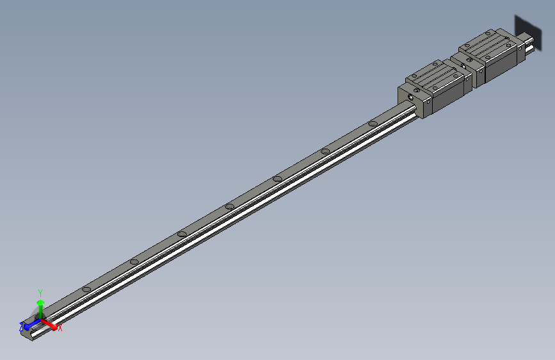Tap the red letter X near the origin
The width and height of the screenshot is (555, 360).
[x=60, y=328]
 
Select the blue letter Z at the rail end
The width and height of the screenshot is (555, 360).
[x=21, y=327]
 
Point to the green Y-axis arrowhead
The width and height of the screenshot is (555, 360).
[x=40, y=300]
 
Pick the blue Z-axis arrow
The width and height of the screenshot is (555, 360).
[x=29, y=324]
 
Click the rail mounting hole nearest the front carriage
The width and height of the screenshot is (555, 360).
[x=373, y=124]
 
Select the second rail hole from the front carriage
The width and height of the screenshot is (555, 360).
[x=325, y=151]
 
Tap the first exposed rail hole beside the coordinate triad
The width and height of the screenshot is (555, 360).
[x=86, y=289]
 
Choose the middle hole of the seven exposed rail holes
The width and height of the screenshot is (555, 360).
[x=229, y=206]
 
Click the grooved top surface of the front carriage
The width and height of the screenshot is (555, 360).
[x=435, y=74]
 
